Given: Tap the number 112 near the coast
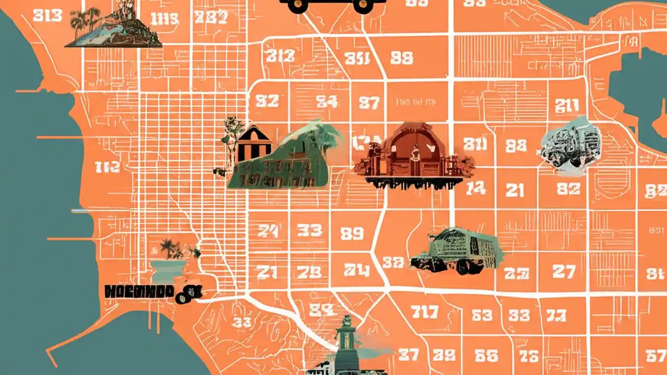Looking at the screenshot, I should point(107,167).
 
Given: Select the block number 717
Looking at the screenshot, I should point(424,312).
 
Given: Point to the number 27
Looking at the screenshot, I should point(564,271).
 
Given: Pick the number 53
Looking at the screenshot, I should point(481,315).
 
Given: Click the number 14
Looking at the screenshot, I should point(476,189).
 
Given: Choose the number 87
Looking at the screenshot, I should point(369,103).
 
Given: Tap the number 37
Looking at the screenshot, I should point(408,355).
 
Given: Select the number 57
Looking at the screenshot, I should point(656,356).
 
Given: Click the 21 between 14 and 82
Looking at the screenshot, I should point(515,190).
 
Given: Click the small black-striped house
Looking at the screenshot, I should point(254,144).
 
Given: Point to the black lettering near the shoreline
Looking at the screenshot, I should point(139,291).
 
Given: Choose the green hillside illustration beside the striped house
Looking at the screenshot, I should point(292,159).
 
